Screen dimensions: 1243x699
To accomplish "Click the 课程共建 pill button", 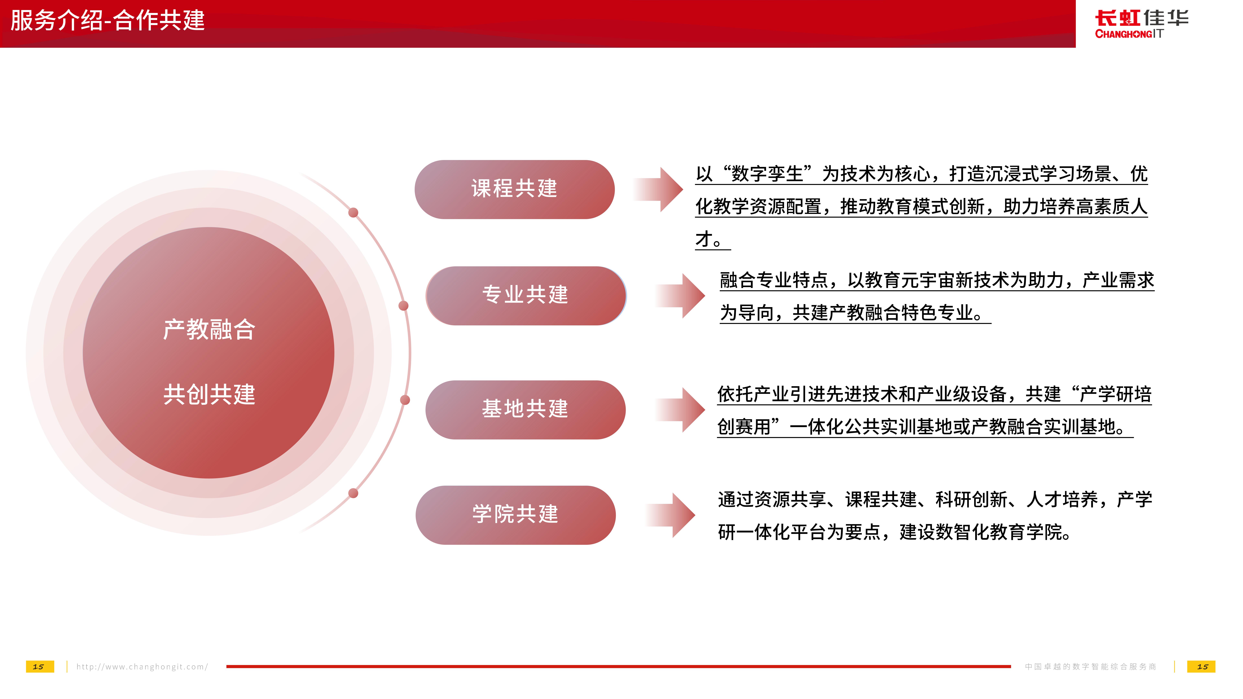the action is point(514,189).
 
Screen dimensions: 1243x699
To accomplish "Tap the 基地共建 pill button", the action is point(526,410).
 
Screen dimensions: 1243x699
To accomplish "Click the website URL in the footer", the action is point(142,667).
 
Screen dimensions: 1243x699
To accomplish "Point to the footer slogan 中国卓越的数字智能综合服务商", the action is point(1091,667).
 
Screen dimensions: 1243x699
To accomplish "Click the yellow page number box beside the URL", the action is point(39,667).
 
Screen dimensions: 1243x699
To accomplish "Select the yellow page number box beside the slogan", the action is point(1202,667).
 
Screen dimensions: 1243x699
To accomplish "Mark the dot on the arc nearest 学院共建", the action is point(353,493).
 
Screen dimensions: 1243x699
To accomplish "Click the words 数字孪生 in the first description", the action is point(767,174).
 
